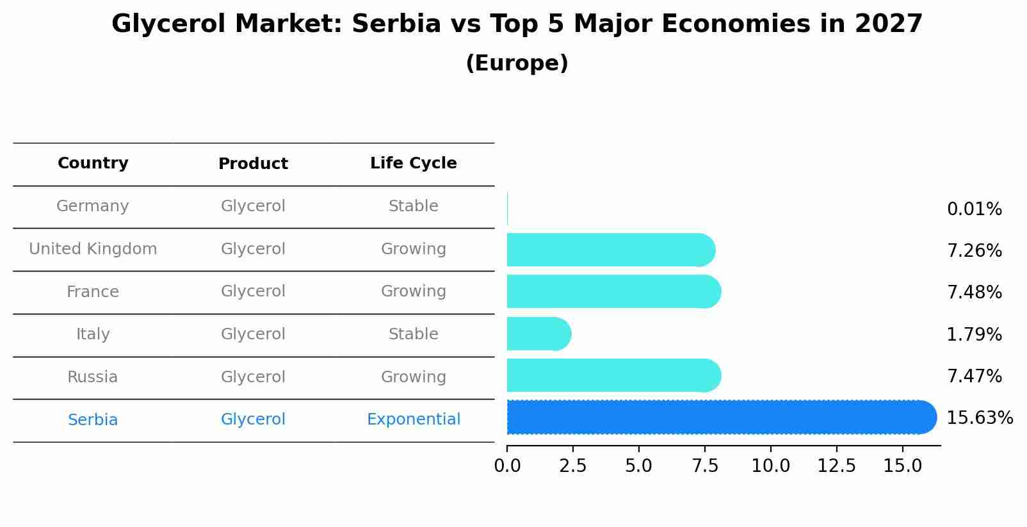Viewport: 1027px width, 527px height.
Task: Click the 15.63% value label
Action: click(x=979, y=418)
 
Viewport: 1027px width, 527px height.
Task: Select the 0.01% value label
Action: click(x=974, y=209)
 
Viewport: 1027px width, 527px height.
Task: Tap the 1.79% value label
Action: click(x=974, y=334)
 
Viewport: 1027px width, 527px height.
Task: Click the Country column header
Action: click(x=93, y=163)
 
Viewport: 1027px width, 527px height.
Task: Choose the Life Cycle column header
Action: click(x=413, y=163)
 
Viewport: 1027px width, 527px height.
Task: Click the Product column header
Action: click(x=253, y=164)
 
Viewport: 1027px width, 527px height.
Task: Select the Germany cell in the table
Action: click(x=93, y=206)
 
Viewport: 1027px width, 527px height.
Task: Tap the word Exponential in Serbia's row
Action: click(x=413, y=419)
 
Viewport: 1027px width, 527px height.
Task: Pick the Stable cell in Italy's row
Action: click(x=413, y=334)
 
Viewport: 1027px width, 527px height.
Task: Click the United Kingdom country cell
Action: click(x=93, y=249)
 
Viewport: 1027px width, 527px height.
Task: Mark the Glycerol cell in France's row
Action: click(x=253, y=291)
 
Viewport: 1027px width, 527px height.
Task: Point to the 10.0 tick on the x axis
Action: click(x=770, y=466)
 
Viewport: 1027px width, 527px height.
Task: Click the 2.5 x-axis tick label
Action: click(x=572, y=466)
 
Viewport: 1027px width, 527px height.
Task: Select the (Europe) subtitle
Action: click(x=517, y=63)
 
